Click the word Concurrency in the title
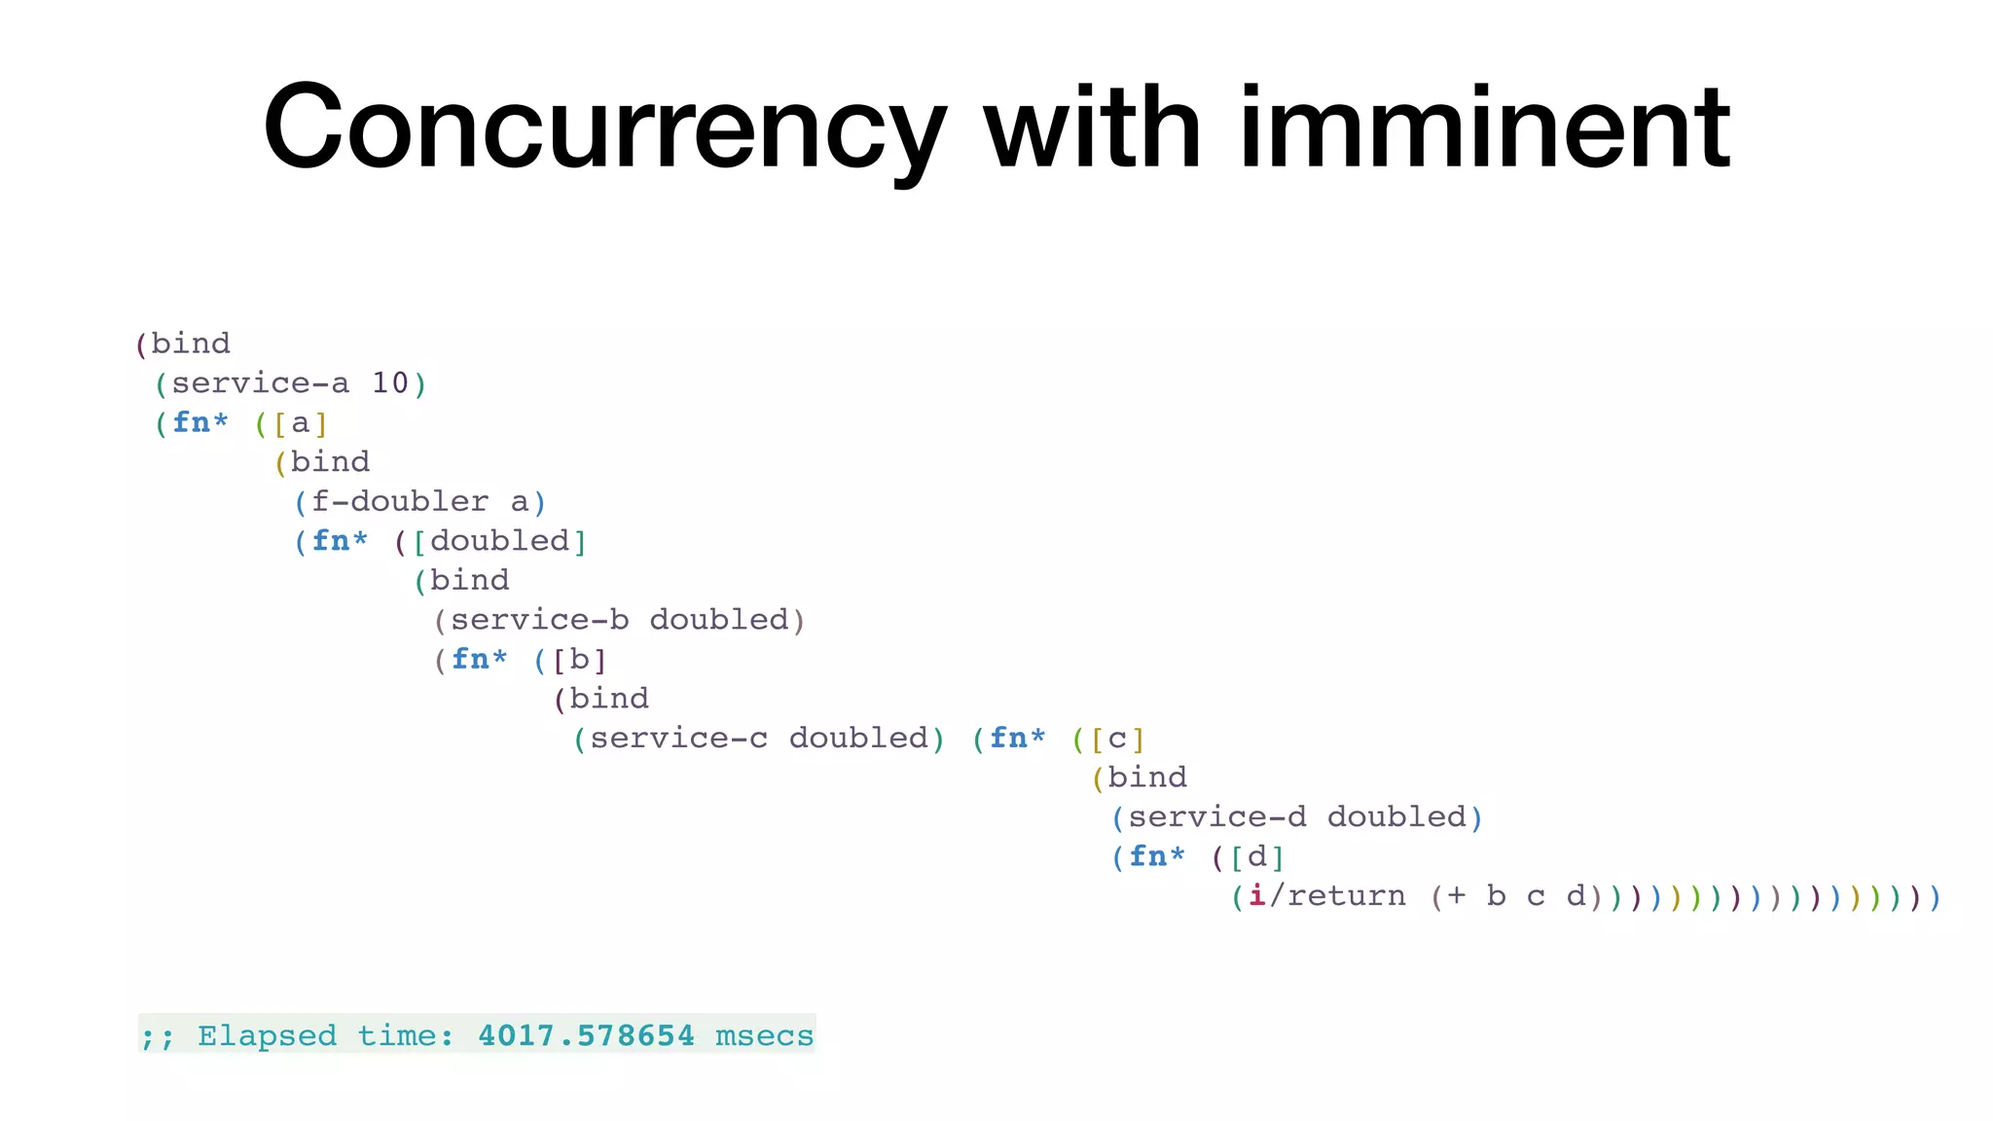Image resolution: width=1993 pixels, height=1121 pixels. pos(603,128)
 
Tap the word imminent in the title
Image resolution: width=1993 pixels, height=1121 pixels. pos(1484,128)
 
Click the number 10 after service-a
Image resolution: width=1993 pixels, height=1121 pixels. pos(390,383)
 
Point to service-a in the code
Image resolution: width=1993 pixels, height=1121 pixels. pos(260,383)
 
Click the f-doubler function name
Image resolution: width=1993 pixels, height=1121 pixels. pos(400,502)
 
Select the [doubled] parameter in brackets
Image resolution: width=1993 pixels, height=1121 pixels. pos(499,541)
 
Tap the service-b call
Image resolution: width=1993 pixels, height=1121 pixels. pos(540,620)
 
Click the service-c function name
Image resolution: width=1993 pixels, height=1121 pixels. pos(678,739)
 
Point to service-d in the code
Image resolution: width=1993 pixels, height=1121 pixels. pos(1216,817)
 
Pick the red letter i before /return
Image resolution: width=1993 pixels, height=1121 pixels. pos(1257,896)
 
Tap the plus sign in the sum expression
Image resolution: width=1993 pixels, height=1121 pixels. pos(1456,896)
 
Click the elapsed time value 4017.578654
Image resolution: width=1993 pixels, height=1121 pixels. pos(586,1035)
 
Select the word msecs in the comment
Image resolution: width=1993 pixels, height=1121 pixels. pos(764,1035)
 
